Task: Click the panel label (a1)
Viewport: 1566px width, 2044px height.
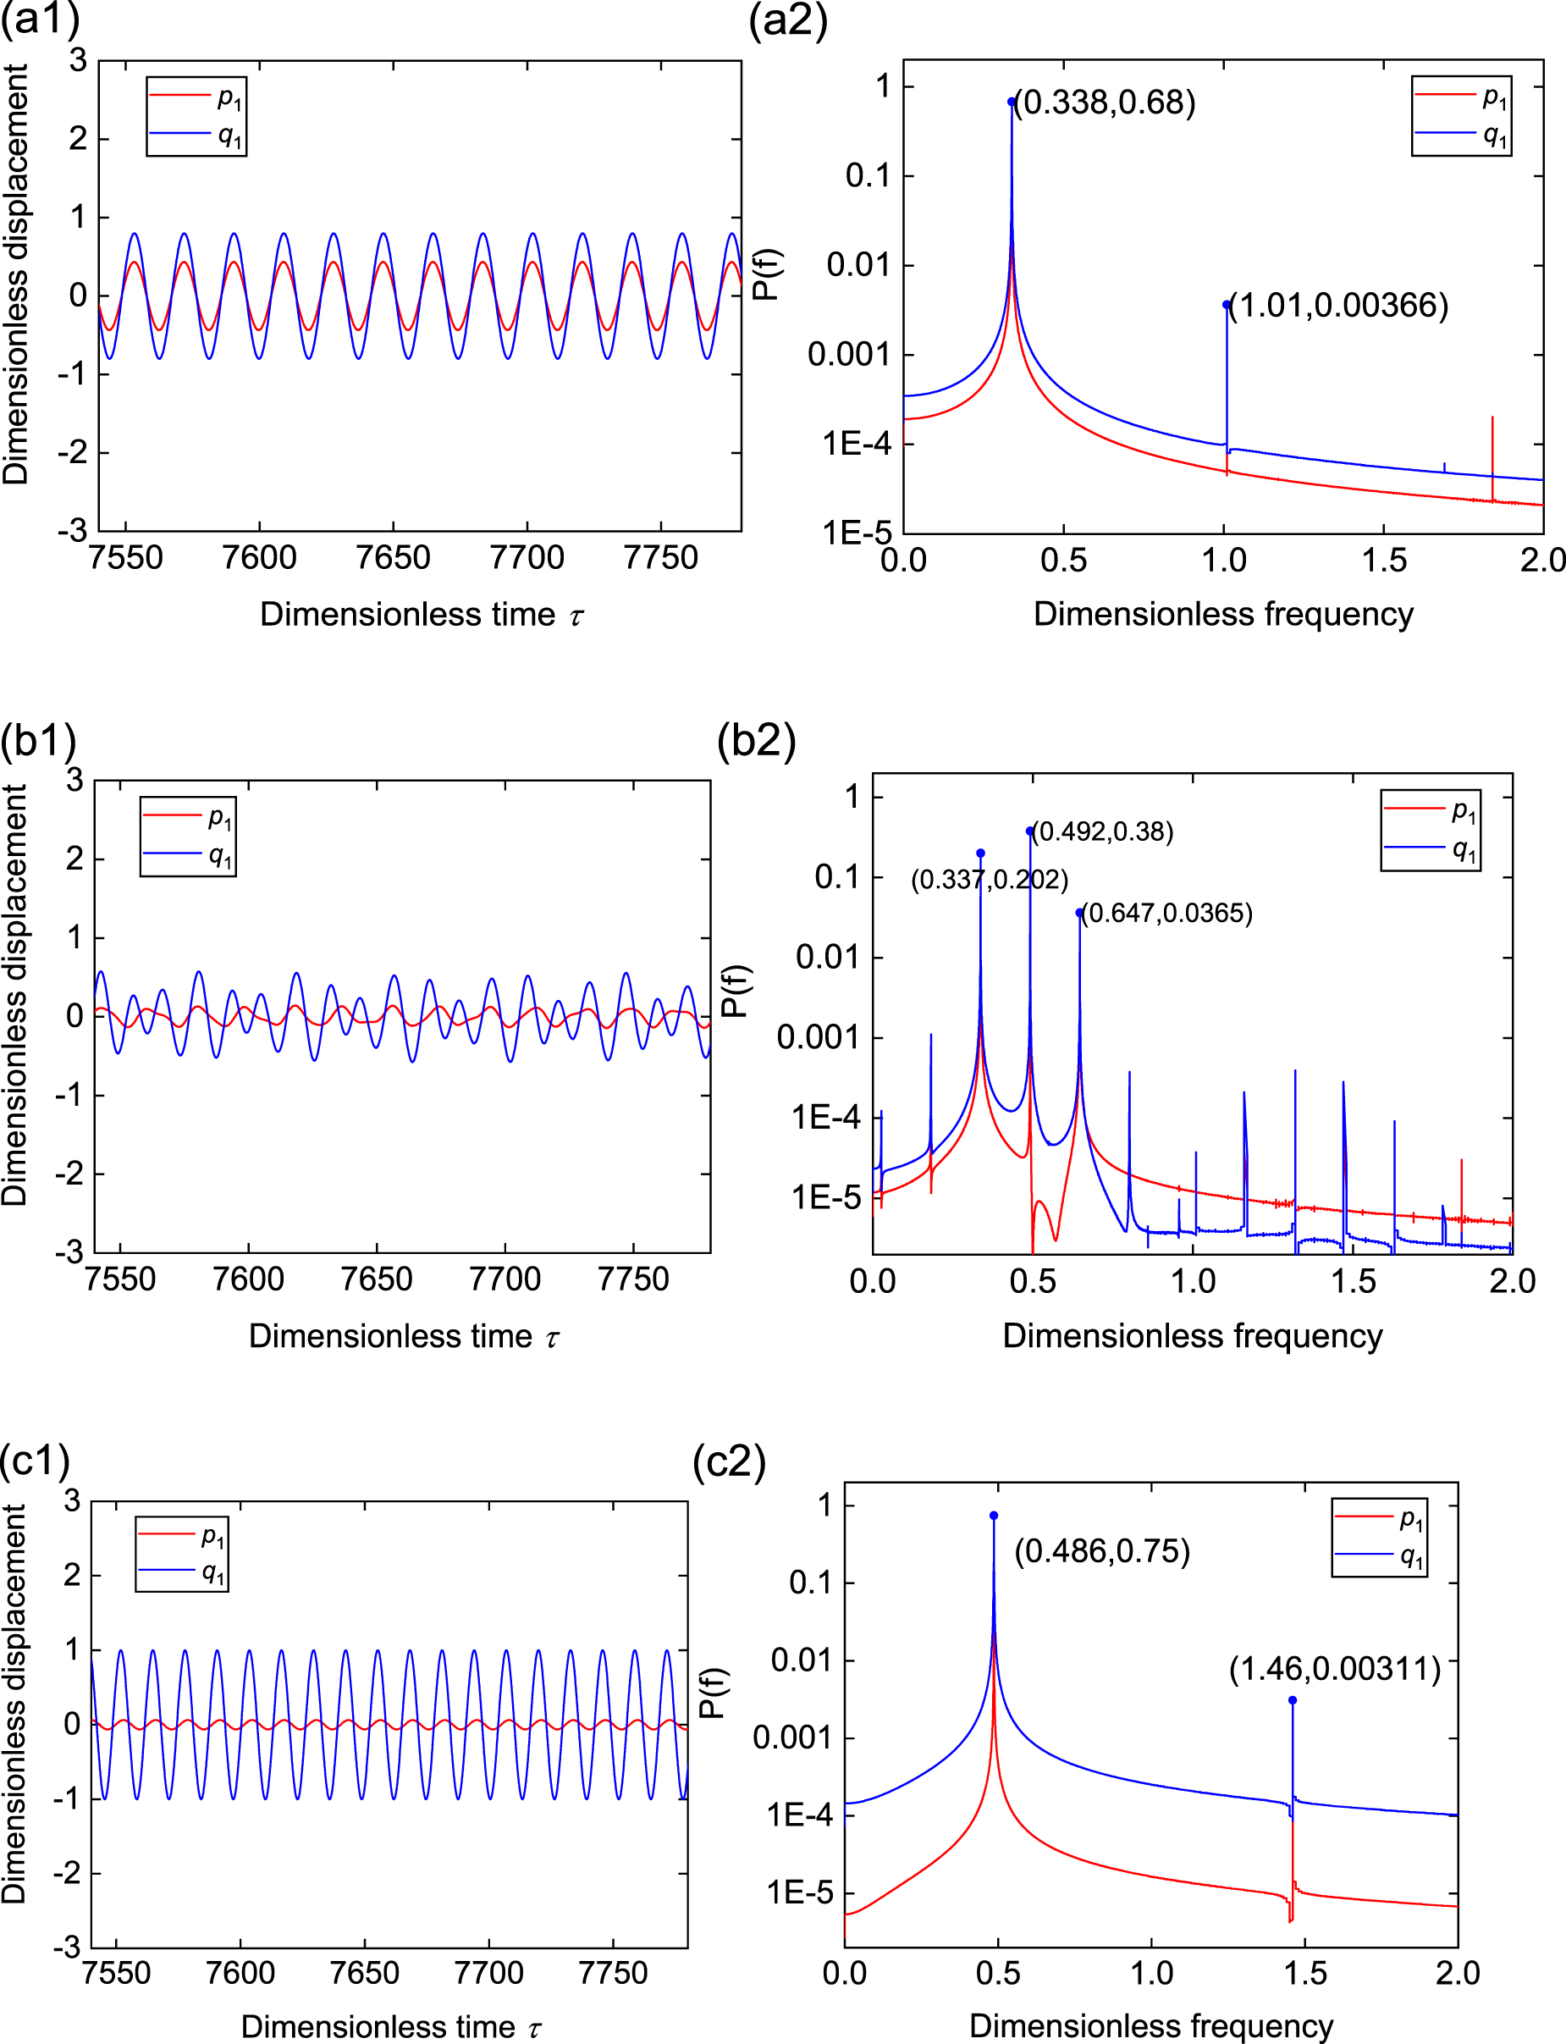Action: [39, 19]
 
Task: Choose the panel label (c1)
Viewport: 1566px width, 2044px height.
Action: [36, 1461]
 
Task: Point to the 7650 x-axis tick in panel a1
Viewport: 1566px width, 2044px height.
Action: [394, 558]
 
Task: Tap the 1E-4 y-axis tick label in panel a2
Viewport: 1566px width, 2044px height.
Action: [856, 443]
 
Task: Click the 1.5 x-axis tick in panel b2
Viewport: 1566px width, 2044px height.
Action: [1353, 1280]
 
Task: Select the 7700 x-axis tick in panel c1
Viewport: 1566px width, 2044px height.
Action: [488, 1973]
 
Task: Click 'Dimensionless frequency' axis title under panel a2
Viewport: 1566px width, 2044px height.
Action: [1223, 614]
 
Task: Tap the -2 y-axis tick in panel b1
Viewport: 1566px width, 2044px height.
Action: [69, 1172]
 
